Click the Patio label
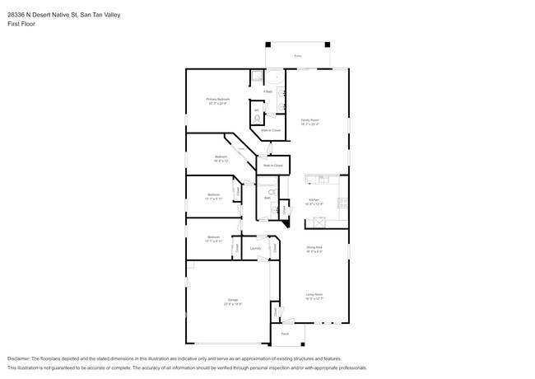point(297,57)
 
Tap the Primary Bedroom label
point(218,99)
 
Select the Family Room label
point(309,120)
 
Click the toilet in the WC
point(257,118)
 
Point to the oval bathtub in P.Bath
point(256,79)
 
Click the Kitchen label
point(314,199)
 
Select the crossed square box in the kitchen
point(321,221)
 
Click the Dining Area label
point(314,247)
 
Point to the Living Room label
point(314,294)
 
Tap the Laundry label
point(256,247)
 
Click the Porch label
point(285,334)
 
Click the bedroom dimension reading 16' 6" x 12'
point(221,161)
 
